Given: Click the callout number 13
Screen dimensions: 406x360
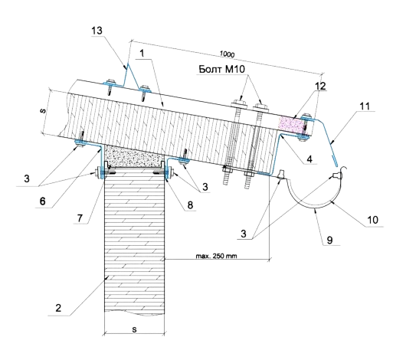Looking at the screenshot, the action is pyautogui.click(x=97, y=31).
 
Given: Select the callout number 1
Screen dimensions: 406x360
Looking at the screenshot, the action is pyautogui.click(x=142, y=54).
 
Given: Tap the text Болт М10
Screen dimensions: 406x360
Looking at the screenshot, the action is pyautogui.click(x=221, y=69).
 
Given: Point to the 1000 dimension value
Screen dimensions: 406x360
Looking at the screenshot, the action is pyautogui.click(x=227, y=54).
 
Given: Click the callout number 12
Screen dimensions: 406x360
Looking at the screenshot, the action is pyautogui.click(x=320, y=86).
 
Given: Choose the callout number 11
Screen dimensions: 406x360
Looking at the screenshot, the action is pyautogui.click(x=365, y=106).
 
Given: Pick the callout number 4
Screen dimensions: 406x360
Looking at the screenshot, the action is pyautogui.click(x=309, y=159).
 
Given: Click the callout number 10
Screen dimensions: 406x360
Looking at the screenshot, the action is pyautogui.click(x=373, y=220).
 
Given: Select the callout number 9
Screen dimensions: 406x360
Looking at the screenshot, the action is pyautogui.click(x=329, y=240).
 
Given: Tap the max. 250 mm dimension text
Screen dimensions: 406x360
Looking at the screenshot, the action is pyautogui.click(x=216, y=256).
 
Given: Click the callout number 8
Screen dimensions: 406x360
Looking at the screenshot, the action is pyautogui.click(x=190, y=205).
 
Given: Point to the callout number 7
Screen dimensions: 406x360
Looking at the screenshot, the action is pyautogui.click(x=80, y=218).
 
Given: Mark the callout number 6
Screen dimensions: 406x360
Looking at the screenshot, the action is pyautogui.click(x=42, y=201).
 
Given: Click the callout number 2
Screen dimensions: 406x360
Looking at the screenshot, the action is pyautogui.click(x=58, y=308).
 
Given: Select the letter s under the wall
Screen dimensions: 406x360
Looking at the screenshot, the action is pyautogui.click(x=134, y=329).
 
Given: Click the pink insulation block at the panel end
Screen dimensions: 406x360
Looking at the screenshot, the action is pyautogui.click(x=290, y=125).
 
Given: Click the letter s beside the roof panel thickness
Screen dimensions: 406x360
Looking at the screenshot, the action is pyautogui.click(x=43, y=111).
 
